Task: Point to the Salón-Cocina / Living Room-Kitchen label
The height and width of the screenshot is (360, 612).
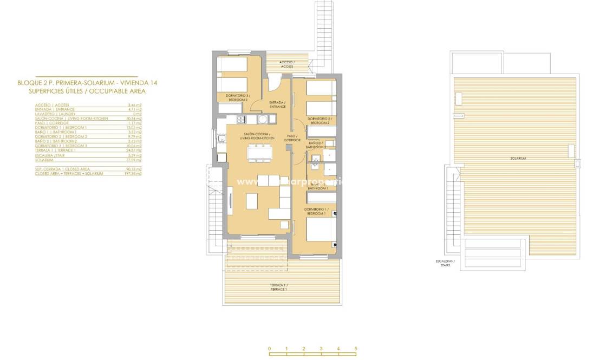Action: [x=257, y=137]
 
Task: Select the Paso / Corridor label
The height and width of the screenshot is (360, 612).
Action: [x=292, y=138]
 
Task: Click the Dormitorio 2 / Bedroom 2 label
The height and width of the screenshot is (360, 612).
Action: [x=320, y=120]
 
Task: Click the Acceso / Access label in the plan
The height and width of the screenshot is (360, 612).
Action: [x=287, y=64]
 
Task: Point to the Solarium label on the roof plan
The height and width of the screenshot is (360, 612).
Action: [x=518, y=159]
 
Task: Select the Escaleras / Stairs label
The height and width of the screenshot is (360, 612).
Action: [x=445, y=263]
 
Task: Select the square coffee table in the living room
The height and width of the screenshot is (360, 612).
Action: [x=252, y=201]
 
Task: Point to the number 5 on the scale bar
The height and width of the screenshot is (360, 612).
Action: [x=356, y=349]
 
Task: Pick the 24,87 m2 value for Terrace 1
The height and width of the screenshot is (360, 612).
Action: [x=134, y=150]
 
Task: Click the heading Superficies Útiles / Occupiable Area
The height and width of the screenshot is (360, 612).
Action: [x=88, y=91]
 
